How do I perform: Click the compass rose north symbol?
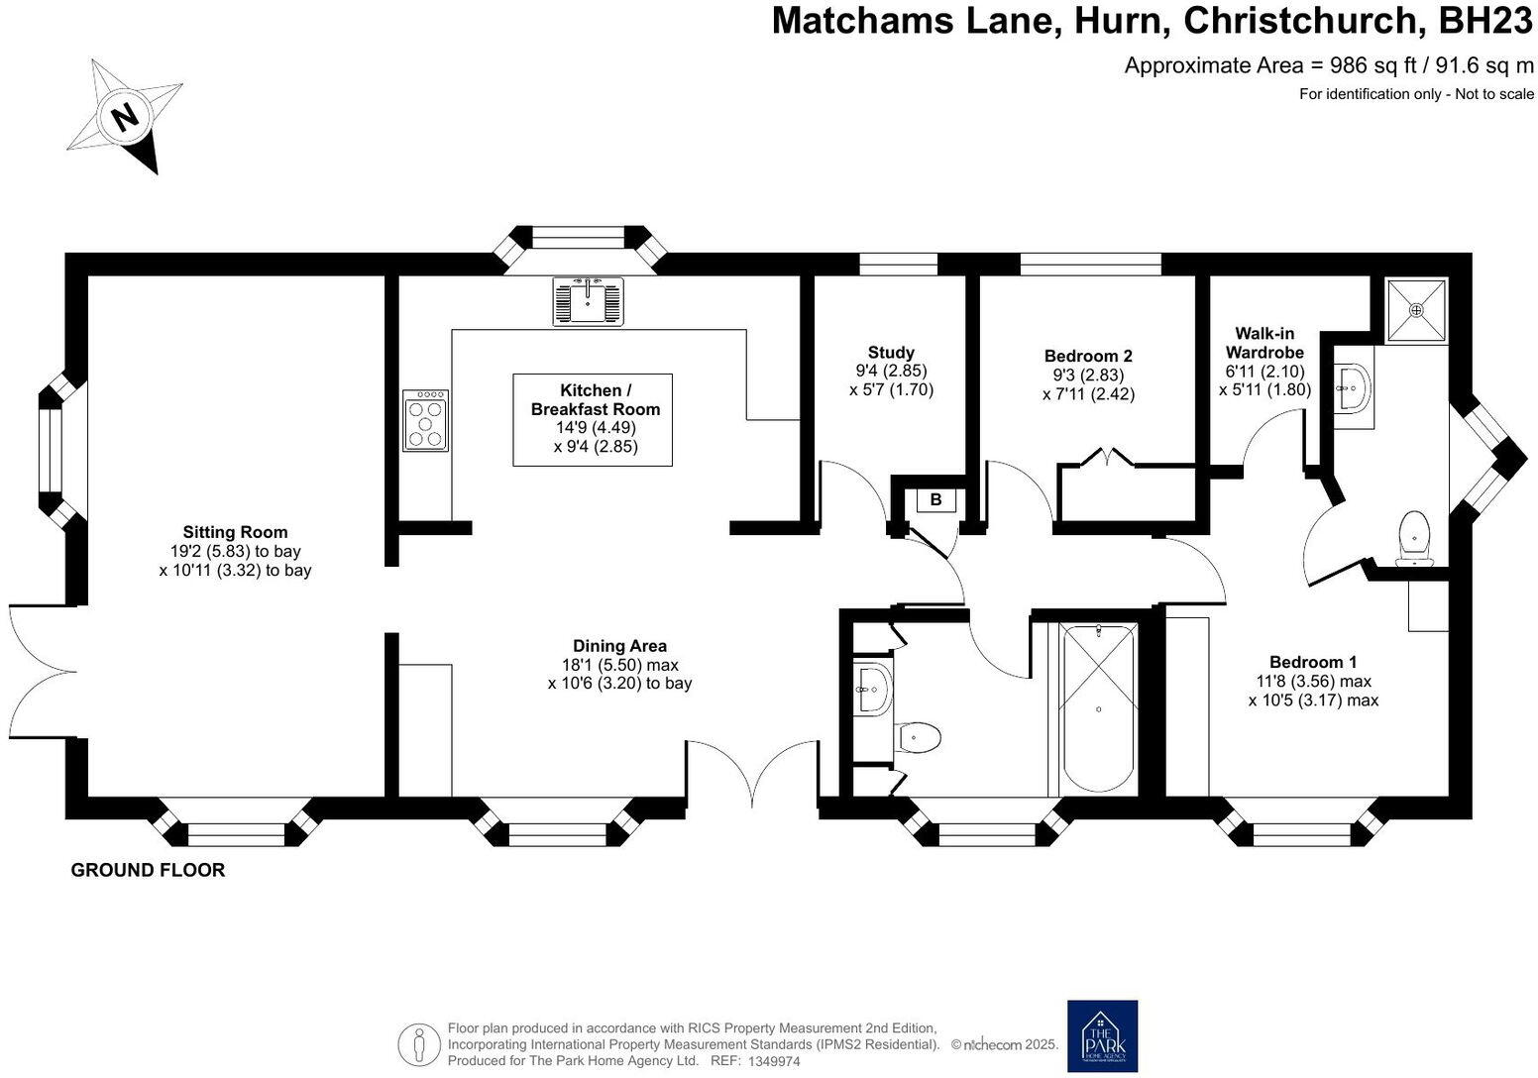click(x=125, y=117)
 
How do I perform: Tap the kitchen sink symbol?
click(x=589, y=300)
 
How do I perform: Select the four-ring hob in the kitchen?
click(x=426, y=420)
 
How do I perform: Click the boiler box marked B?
click(x=934, y=500)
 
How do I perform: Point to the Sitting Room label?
click(x=235, y=533)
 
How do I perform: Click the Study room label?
click(x=891, y=353)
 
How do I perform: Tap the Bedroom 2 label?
click(x=1087, y=356)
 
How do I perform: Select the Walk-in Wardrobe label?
click(x=1264, y=343)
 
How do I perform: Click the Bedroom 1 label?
click(x=1312, y=662)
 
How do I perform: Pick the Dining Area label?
click(x=619, y=646)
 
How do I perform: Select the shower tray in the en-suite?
click(x=1416, y=310)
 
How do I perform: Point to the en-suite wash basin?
click(x=1353, y=387)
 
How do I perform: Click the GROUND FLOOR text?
click(x=148, y=870)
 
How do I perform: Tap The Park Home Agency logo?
click(x=1102, y=1035)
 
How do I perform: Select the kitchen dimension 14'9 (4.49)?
click(x=595, y=428)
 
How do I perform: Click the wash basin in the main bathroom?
click(x=873, y=688)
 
